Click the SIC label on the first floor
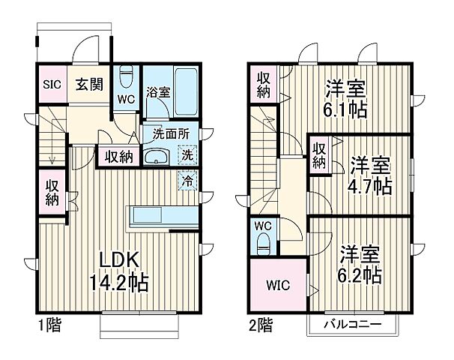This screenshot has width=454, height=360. (x=50, y=83)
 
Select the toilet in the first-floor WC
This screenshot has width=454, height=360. (x=127, y=77)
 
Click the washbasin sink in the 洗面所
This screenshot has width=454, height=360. (x=157, y=157)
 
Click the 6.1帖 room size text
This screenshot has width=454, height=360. (x=345, y=109)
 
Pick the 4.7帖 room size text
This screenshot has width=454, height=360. (x=369, y=185)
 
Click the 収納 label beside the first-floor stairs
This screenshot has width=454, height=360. (x=51, y=193)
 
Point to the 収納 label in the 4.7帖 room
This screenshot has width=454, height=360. (x=318, y=154)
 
